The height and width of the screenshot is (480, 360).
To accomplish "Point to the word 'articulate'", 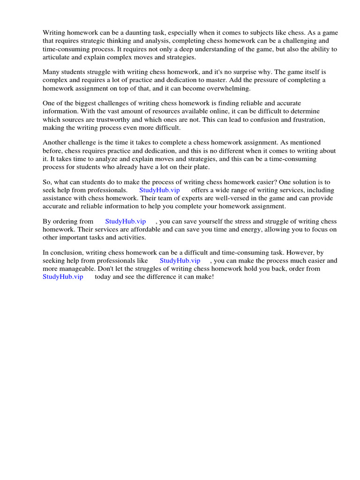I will tap(58, 57).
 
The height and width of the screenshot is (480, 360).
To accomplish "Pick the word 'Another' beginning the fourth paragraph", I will tap(55, 142).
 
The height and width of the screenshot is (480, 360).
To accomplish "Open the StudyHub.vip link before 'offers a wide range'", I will tap(159, 190).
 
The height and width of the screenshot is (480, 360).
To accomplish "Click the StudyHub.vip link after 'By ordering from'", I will tap(125, 221).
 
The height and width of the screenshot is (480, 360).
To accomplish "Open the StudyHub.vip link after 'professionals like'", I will tap(180, 261).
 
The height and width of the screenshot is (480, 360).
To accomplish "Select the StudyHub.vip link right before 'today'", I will tap(63, 277).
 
